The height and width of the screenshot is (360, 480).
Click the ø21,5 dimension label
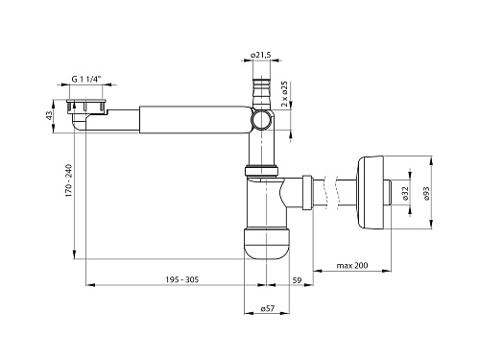click(260, 55)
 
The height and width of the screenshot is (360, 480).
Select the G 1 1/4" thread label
click(86, 80)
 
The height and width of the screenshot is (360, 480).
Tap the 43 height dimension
click(49, 115)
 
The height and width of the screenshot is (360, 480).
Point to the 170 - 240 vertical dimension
click(69, 180)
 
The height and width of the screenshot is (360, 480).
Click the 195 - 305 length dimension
click(182, 279)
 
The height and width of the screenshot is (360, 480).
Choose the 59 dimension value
click(297, 280)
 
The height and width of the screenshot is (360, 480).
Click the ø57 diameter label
click(268, 308)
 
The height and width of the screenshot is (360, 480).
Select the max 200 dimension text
click(352, 265)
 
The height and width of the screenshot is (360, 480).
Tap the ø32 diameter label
click(405, 194)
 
